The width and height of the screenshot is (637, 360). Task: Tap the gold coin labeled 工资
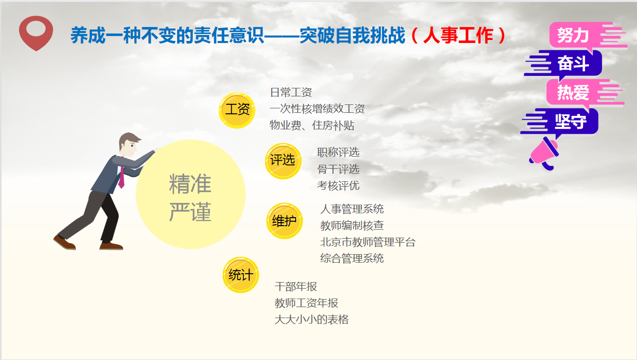coord(237,110)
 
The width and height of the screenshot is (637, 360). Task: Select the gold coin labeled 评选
coord(283,161)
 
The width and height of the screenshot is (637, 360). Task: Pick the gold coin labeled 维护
coord(285,221)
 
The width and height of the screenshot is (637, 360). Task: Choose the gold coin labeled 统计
coord(241,275)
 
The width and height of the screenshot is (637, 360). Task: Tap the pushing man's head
coord(130,144)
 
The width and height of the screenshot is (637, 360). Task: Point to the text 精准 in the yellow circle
coord(190,184)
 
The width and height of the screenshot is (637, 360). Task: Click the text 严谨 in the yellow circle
coord(190,212)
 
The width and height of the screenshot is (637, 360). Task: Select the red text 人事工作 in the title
coord(458,35)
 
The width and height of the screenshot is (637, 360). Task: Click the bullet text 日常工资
coord(291,92)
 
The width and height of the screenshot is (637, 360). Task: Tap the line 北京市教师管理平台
coord(368,242)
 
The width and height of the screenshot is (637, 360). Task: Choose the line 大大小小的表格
coord(312,320)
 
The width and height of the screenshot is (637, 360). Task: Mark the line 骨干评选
coord(338,169)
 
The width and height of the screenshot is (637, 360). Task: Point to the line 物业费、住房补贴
coord(312,125)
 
